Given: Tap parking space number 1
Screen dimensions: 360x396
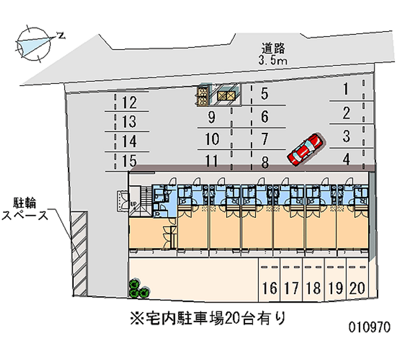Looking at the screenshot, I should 346,90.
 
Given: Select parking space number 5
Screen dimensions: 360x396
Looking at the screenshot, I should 264,93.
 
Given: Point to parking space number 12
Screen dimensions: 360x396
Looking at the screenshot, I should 129,103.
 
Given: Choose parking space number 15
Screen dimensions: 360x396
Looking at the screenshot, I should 129,161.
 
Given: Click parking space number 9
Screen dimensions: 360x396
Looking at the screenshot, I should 212,118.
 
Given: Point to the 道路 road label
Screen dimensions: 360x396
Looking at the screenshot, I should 273,49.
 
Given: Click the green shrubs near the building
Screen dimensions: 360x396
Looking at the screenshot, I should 139,289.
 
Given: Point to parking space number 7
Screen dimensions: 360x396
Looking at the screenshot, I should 264,139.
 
